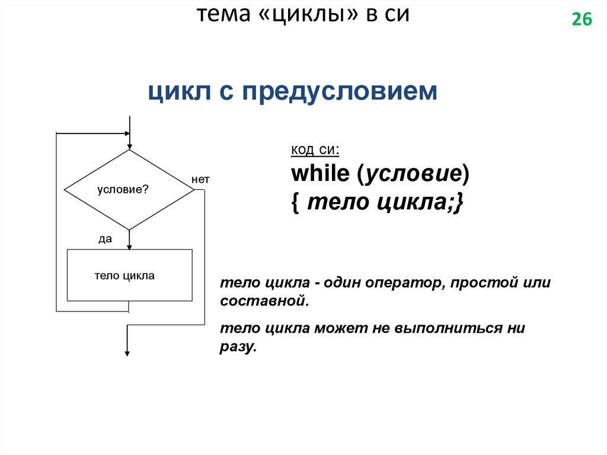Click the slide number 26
coord(582,20)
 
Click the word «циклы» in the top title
coord(311,15)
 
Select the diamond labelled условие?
coord(129,190)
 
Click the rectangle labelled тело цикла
coord(129,275)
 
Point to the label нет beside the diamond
coord(200,179)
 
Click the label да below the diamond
coord(106,238)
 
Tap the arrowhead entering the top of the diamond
coord(129,146)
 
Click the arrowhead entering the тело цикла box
coord(129,246)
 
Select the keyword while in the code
coord(320,174)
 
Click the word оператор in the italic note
coord(401,282)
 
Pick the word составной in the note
coord(263,301)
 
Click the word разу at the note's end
coord(237,347)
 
